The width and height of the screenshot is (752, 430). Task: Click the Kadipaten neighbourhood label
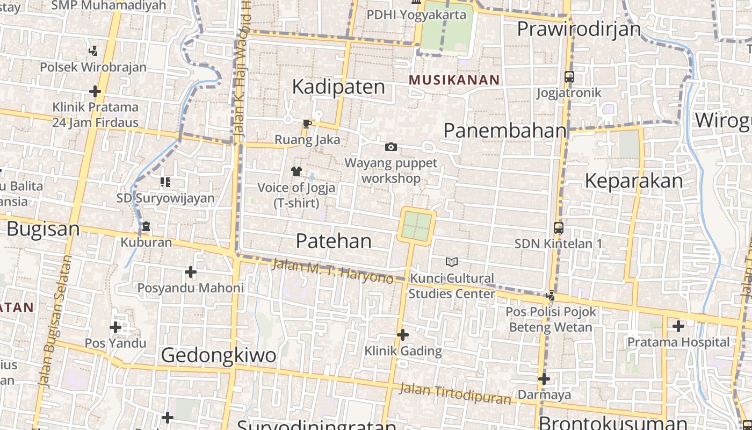(x=338, y=87)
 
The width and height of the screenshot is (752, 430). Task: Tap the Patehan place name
(x=334, y=241)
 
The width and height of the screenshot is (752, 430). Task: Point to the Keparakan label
(x=633, y=181)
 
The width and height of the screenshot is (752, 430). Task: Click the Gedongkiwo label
(x=219, y=355)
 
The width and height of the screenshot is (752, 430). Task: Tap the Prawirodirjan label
(x=579, y=28)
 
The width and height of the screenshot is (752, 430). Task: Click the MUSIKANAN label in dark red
(x=454, y=80)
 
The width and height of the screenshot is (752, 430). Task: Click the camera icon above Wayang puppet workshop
(x=391, y=147)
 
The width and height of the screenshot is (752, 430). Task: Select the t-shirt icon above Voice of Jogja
(x=296, y=171)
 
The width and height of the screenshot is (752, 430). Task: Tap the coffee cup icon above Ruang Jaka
(x=307, y=124)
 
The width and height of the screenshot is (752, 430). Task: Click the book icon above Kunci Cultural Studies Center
(x=452, y=262)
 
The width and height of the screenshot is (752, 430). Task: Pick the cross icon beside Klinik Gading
(x=403, y=335)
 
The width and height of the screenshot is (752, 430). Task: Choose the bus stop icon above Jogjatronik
(x=569, y=77)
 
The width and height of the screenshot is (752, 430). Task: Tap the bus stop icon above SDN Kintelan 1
(x=559, y=228)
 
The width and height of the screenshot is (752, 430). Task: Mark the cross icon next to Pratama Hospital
(x=678, y=326)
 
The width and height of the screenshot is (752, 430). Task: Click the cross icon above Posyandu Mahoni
(x=190, y=272)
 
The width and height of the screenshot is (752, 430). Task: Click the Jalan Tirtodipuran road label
(x=455, y=393)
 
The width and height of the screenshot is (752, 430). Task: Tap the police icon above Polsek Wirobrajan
(x=93, y=51)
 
